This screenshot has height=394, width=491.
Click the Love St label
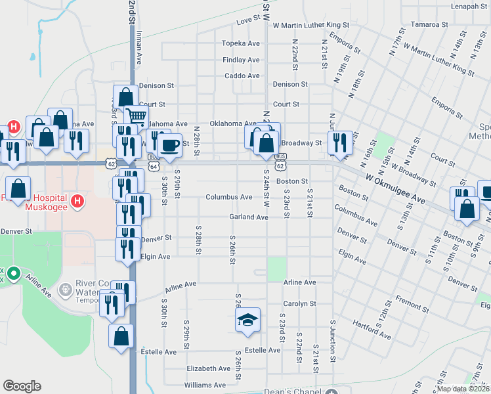pyautogui.click(x=248, y=20)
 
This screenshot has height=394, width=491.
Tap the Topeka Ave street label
pyautogui.click(x=241, y=43)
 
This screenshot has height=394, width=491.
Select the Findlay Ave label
pyautogui.click(x=241, y=60)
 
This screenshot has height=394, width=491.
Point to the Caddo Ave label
pyautogui.click(x=242, y=76)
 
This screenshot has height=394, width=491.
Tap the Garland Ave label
pyautogui.click(x=249, y=217)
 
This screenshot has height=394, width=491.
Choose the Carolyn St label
pyautogui.click(x=299, y=304)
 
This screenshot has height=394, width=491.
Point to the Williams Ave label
pyautogui.click(x=205, y=385)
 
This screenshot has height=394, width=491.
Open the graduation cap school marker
pyautogui.click(x=248, y=320)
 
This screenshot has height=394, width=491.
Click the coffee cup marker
pyautogui.click(x=170, y=144)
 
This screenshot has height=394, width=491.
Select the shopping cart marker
pyautogui.click(x=137, y=117)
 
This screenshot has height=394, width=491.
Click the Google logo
pyautogui.click(x=22, y=385)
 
